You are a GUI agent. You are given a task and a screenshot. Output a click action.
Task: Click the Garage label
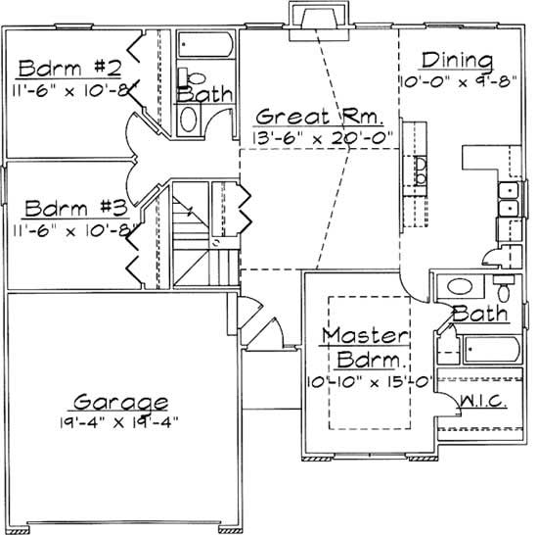click(120, 402)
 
